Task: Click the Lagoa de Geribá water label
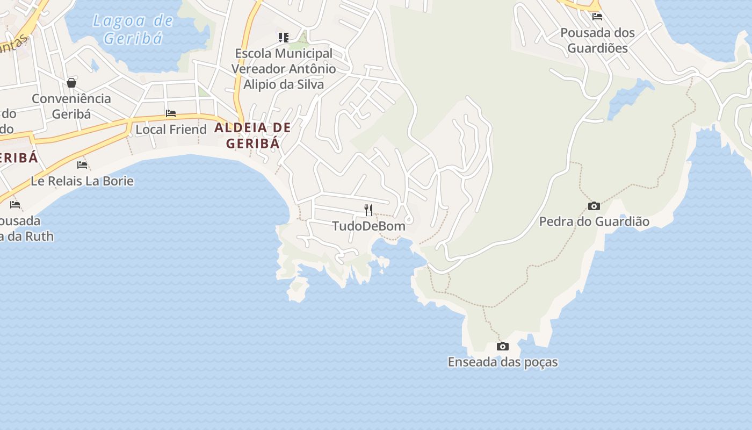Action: coord(133,30)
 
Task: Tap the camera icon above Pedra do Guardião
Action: coord(594,206)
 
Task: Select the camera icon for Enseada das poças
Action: coord(502,346)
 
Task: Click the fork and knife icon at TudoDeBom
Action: coord(368,210)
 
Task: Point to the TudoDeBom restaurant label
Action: coord(368,226)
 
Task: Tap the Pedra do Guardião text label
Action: coord(594,221)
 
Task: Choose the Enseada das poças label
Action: coord(502,362)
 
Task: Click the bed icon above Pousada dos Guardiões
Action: coord(597,16)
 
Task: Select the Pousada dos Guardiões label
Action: coord(597,40)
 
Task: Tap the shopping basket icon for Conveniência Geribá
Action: coord(71,83)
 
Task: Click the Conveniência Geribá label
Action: coord(71,106)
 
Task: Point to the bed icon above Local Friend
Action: coord(171,113)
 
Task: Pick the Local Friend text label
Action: coord(171,130)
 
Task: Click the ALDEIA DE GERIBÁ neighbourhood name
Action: coord(253,135)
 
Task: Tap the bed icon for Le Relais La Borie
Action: coord(82,164)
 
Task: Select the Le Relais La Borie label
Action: coord(82,181)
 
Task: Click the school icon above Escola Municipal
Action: coord(283,38)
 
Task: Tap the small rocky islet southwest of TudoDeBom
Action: coord(298,289)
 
